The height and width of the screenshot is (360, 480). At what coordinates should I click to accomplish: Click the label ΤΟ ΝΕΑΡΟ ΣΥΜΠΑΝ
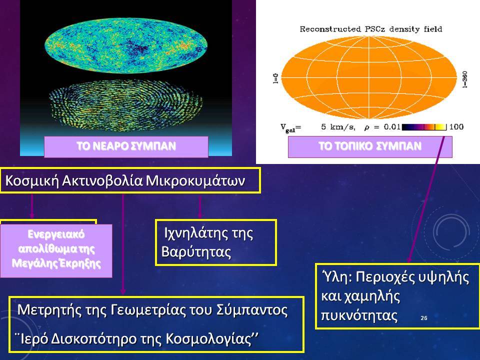tap(126, 146)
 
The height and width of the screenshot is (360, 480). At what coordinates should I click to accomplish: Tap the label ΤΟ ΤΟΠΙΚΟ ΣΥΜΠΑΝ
tap(370, 146)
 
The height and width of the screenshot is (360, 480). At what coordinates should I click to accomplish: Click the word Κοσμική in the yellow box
tap(32, 180)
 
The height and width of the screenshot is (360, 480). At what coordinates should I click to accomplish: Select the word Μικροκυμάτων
tap(195, 180)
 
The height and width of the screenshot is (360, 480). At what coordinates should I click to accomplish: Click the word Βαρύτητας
tap(196, 252)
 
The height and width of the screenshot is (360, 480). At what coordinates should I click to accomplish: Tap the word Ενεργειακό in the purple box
tap(56, 234)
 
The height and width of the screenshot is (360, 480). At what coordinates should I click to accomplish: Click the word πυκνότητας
tap(359, 315)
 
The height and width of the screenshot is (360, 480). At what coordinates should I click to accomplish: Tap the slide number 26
tap(424, 318)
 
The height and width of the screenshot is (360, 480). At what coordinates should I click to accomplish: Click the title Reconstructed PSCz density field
tap(370, 29)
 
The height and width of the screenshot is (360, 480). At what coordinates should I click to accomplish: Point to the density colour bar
tap(424, 126)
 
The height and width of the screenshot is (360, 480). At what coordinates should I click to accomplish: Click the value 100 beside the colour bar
tap(456, 126)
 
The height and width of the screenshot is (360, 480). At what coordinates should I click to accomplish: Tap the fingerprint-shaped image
tap(126, 105)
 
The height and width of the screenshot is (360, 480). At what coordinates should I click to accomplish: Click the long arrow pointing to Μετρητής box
tap(123, 244)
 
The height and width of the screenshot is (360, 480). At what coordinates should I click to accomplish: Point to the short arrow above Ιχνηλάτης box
tap(200, 207)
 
